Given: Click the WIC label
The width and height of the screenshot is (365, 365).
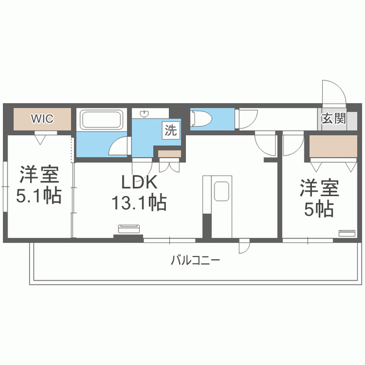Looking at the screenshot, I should click(x=42, y=119).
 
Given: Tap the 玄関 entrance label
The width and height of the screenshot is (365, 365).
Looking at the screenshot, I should click(x=334, y=119).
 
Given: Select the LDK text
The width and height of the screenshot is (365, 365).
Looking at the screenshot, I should click(x=139, y=182).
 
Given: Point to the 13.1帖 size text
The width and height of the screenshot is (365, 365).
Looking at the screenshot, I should click(x=139, y=202).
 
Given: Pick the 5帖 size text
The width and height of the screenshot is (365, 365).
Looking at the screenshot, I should click(x=319, y=210).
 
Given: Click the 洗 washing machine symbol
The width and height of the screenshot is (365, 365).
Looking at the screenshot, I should click(x=171, y=129).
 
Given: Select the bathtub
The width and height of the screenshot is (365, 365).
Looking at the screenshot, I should click(x=101, y=120).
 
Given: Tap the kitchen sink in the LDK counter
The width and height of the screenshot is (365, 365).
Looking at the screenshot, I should click(x=221, y=192).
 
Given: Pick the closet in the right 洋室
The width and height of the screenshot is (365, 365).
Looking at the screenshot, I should click(x=333, y=147).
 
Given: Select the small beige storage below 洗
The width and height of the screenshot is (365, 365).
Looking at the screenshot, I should click(x=169, y=153).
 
